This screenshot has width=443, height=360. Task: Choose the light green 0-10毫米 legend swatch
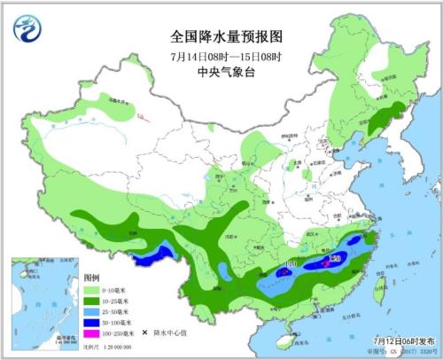(92, 291)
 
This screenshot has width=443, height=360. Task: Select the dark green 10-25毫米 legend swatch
(92, 301)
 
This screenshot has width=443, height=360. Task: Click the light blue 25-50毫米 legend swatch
(92, 312)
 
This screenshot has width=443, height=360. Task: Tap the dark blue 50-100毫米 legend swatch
(92, 323)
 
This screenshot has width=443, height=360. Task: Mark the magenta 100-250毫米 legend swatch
(92, 333)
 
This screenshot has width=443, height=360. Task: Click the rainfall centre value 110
(291, 265)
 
